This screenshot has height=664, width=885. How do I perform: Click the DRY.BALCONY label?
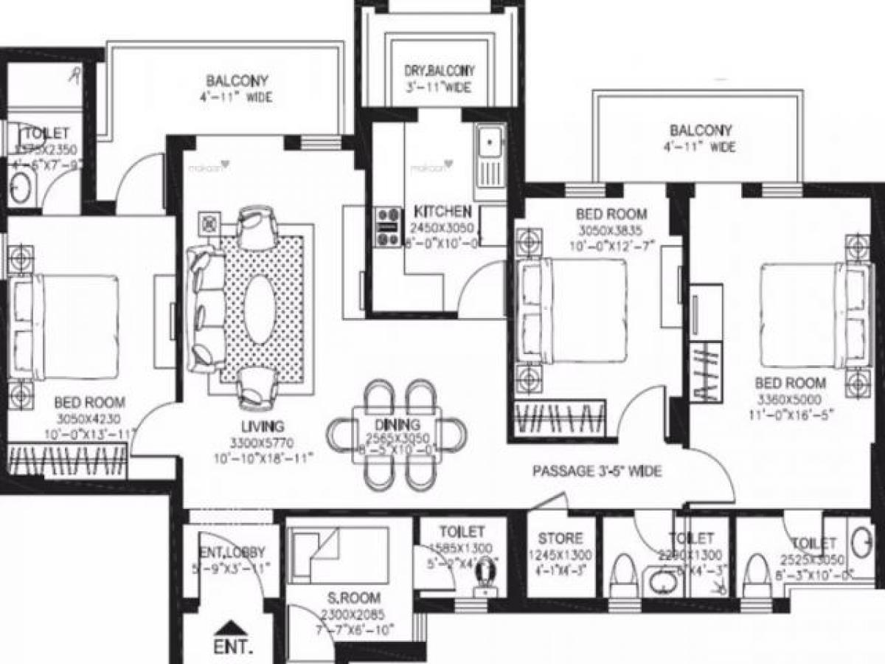pyautogui.click(x=439, y=71)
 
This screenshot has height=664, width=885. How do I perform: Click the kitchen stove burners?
pyautogui.click(x=386, y=227)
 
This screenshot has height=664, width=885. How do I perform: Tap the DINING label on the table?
pyautogui.click(x=397, y=425)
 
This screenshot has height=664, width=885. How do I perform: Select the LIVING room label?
pyautogui.click(x=262, y=426)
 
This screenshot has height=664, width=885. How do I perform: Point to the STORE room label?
pyautogui.click(x=560, y=539)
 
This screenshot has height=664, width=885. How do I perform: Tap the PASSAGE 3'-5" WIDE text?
pyautogui.click(x=597, y=471)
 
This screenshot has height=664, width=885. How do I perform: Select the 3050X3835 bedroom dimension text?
pyautogui.click(x=611, y=230)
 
